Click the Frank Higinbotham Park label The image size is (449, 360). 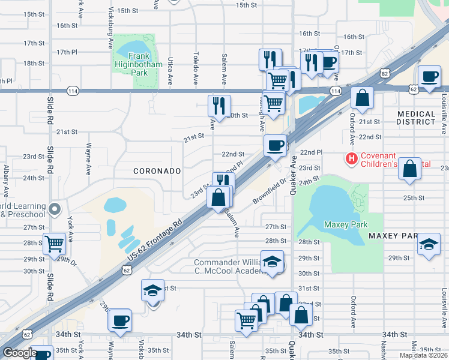[x=130, y=64]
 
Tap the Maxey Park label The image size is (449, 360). [x=345, y=224]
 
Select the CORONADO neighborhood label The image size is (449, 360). [x=157, y=171]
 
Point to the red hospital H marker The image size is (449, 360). [x=351, y=159]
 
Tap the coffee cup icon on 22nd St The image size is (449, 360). [x=276, y=145]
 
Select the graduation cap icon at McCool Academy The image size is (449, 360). [x=273, y=262]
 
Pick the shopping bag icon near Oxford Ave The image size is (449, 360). [x=363, y=97]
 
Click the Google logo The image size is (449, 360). [x=20, y=353]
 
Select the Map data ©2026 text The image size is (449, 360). [x=423, y=355]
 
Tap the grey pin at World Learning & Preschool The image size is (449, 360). [x=55, y=209]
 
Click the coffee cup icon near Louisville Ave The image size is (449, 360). [x=429, y=77]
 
